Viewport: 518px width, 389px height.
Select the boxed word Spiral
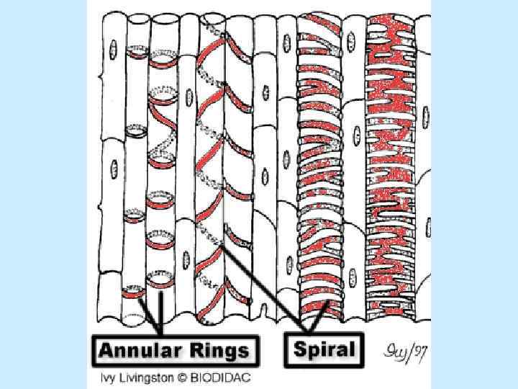(x=324, y=350)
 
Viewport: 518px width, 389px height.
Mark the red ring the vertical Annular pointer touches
(x=160, y=282)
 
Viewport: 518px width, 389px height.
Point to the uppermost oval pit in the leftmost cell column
(x=113, y=48)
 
